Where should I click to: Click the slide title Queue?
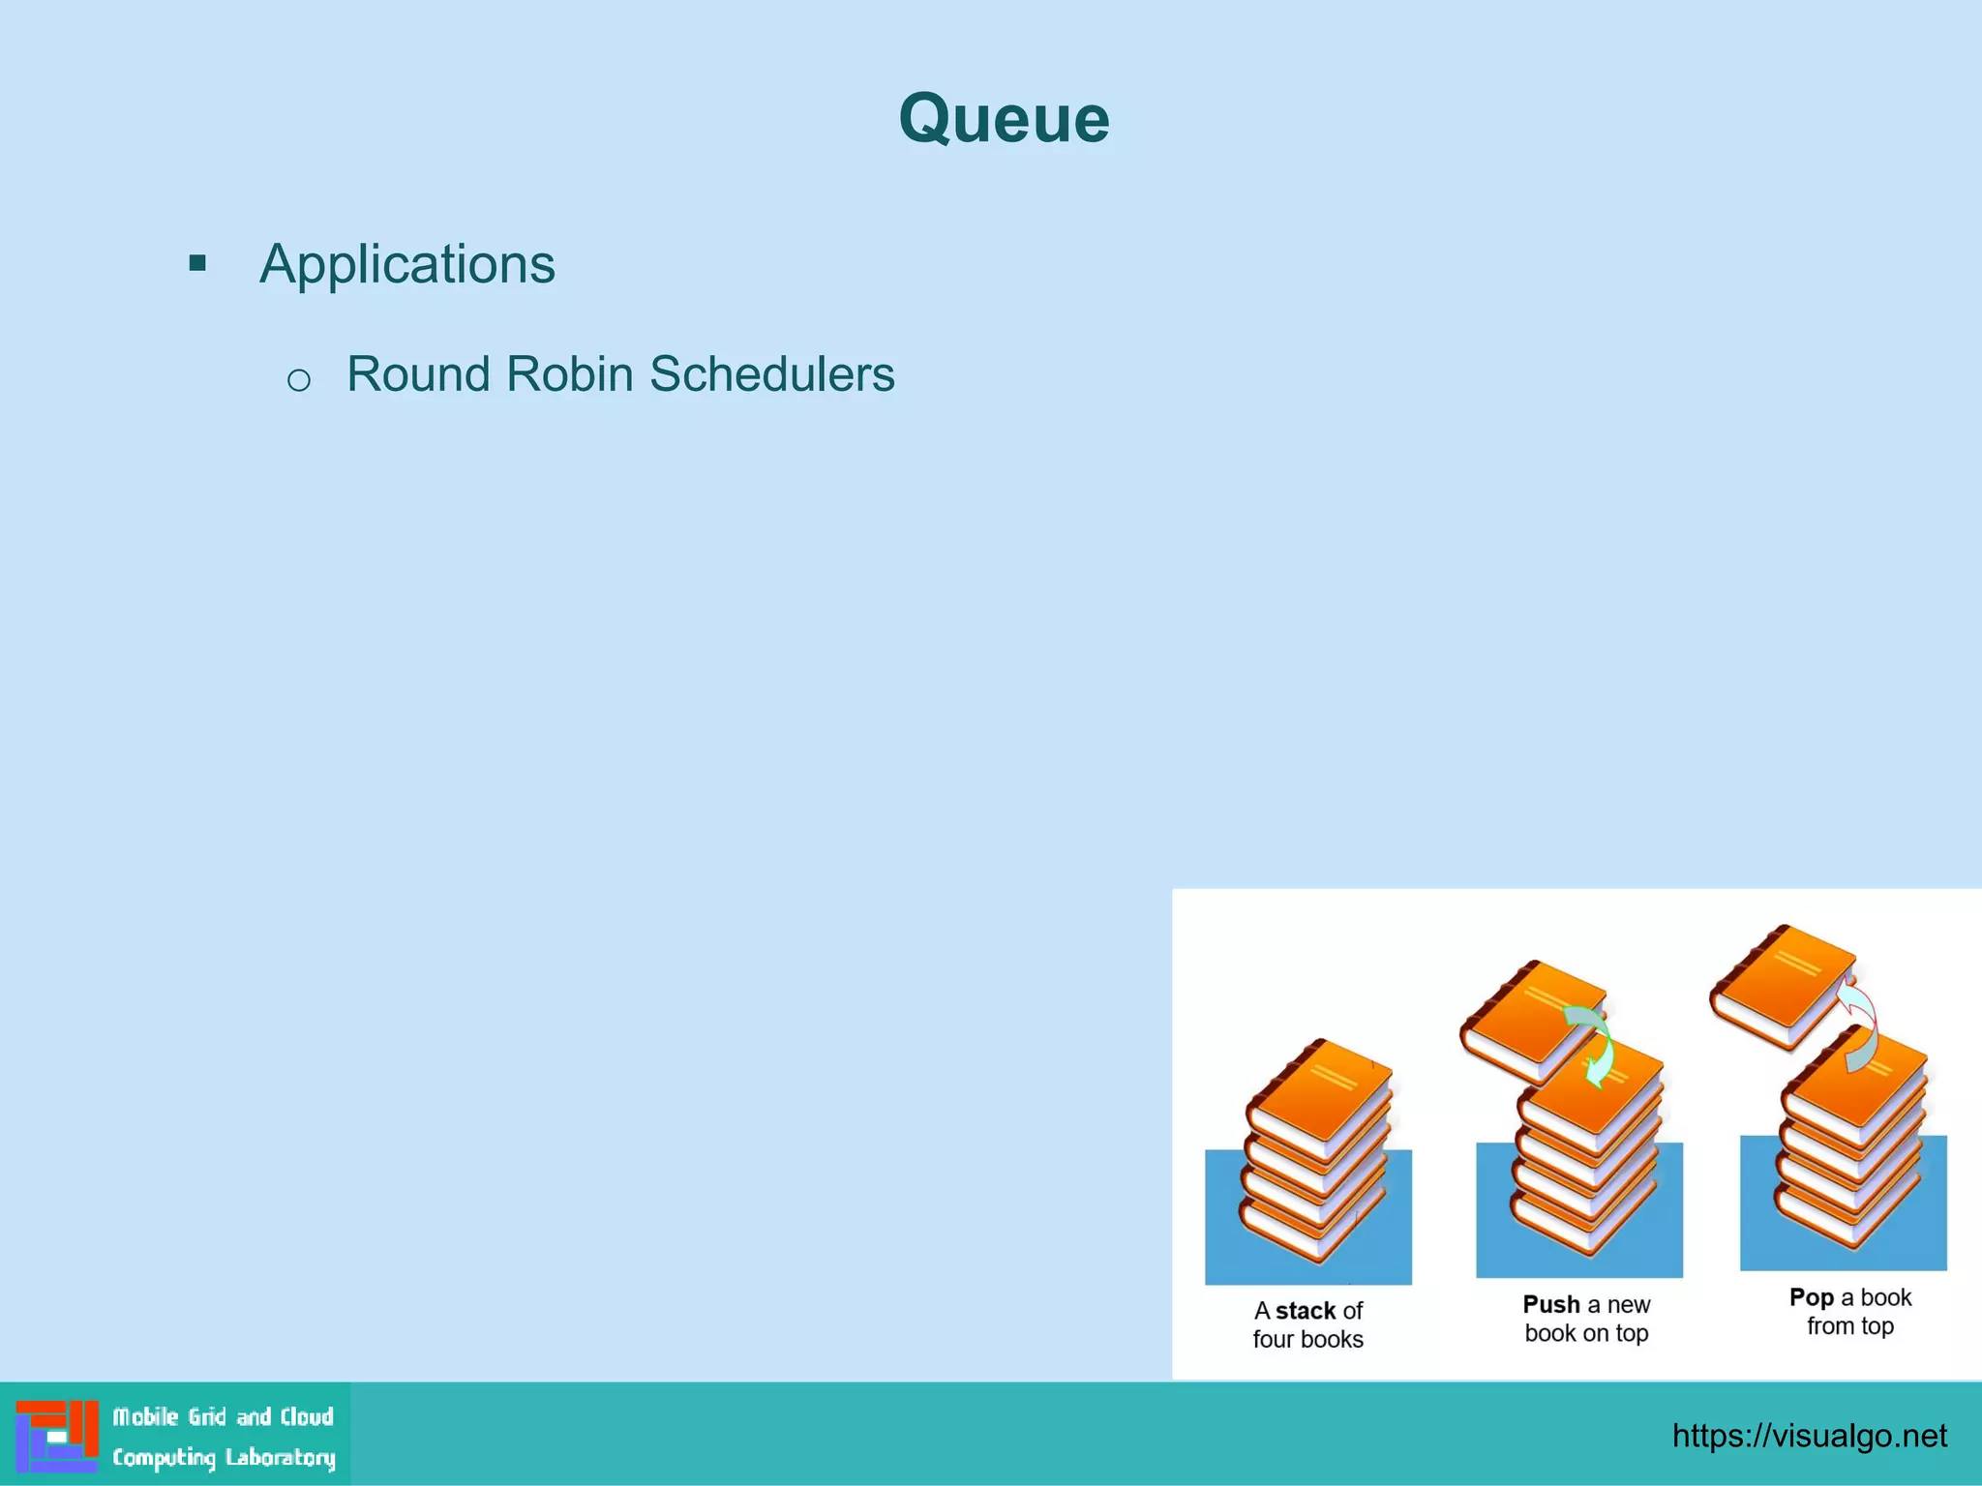tap(1004, 119)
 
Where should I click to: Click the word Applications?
tap(406, 264)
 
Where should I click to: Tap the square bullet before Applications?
tap(197, 263)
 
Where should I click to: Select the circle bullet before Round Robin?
tap(299, 380)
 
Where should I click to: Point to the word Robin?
tap(569, 374)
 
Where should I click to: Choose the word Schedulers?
tap(771, 374)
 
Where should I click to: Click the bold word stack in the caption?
tap(1305, 1311)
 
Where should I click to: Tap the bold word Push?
tap(1550, 1304)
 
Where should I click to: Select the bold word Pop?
tap(1811, 1297)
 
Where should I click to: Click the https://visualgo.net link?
tap(1809, 1436)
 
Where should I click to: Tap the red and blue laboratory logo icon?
tap(57, 1436)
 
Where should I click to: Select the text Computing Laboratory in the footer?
tap(224, 1457)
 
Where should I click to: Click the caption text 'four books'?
tap(1307, 1340)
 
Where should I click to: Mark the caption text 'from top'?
tap(1849, 1326)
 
